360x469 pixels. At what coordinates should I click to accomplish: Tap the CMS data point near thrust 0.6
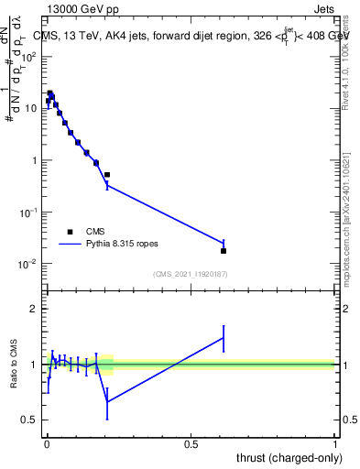224,250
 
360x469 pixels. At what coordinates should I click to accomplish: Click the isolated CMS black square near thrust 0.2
107,174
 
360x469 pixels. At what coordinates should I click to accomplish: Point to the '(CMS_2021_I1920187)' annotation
190,273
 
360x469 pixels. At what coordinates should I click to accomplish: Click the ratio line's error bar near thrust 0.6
224,338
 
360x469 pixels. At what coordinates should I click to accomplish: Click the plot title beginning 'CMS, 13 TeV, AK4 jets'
192,37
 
